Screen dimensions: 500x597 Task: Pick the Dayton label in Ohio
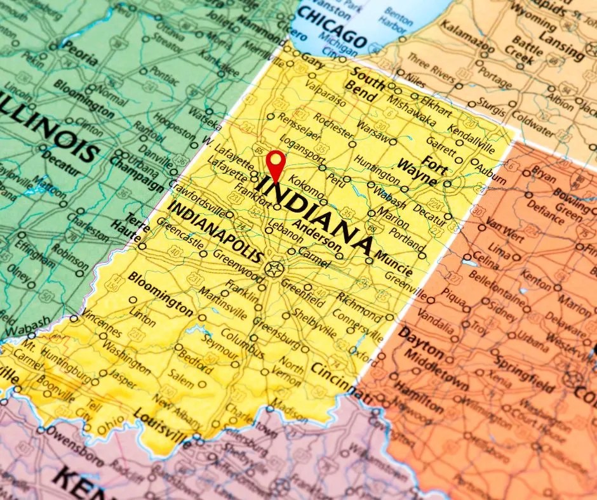[x=420, y=343]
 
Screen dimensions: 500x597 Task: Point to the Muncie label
[x=394, y=263]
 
